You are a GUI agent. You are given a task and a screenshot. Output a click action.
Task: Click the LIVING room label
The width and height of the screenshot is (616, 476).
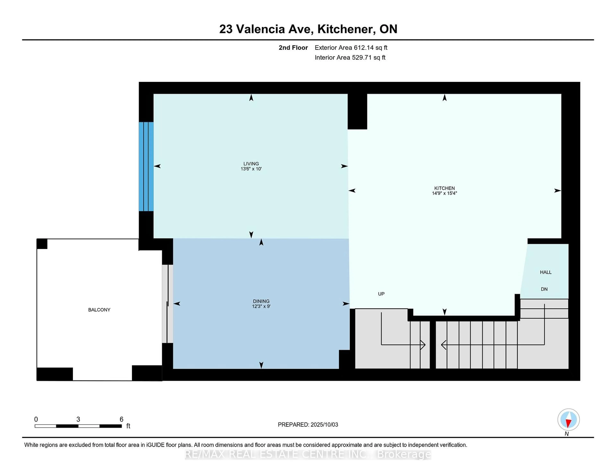(x=251, y=164)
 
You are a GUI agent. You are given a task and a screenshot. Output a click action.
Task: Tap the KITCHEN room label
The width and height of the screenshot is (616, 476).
(x=445, y=188)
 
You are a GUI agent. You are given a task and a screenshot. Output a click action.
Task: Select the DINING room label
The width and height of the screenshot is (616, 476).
(x=261, y=301)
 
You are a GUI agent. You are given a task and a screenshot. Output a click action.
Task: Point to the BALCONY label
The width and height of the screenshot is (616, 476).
(x=99, y=310)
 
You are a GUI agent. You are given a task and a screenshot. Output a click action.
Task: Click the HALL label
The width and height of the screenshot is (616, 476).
(x=546, y=272)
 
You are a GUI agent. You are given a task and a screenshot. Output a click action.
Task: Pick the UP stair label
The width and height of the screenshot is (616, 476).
(x=381, y=294)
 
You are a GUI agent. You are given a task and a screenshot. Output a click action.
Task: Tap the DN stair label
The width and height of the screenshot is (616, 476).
(x=544, y=289)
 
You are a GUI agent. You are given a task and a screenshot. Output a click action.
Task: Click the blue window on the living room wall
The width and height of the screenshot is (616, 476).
(x=146, y=166)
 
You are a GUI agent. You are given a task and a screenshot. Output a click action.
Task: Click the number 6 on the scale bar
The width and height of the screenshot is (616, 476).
(x=122, y=419)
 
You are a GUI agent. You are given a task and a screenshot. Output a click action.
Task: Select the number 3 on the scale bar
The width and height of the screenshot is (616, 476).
(x=78, y=419)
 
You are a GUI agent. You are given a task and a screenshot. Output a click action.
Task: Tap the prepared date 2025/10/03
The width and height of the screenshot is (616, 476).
(x=324, y=425)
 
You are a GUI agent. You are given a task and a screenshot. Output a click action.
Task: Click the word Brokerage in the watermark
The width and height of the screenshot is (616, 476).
(x=404, y=454)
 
